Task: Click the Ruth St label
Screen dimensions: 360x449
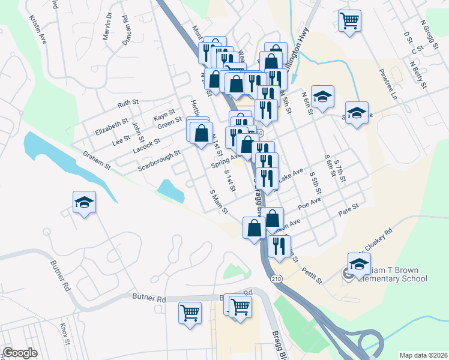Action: click(128, 104)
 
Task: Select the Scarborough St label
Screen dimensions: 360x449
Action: click(159, 160)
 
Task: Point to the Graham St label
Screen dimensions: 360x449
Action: click(97, 159)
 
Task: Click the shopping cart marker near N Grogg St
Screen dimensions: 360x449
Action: click(349, 22)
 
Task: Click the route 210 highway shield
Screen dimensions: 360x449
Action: click(276, 280)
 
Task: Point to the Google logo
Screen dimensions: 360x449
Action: click(20, 353)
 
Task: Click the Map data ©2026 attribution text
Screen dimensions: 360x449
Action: click(423, 355)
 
